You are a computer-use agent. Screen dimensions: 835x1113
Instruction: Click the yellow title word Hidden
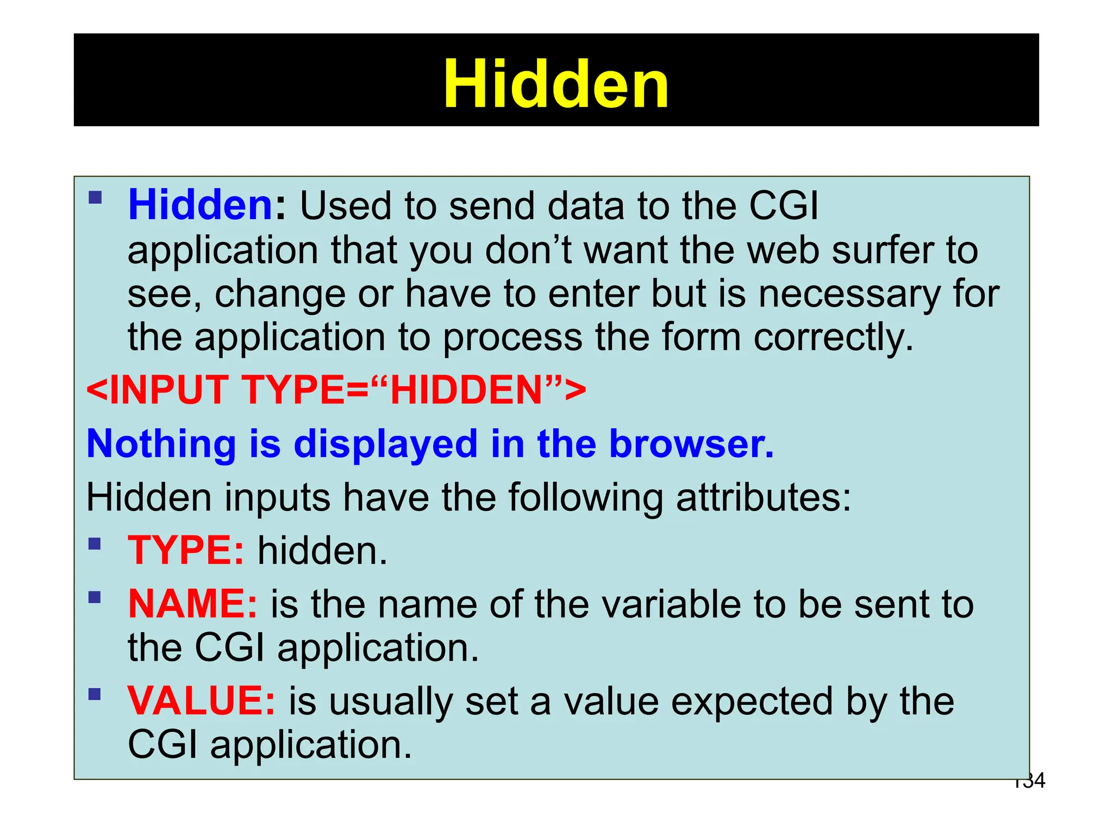point(555,84)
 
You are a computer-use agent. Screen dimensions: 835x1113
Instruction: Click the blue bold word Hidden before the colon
point(200,205)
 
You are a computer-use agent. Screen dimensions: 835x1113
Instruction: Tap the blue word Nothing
point(161,444)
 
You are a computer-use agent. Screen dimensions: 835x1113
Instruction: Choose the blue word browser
point(691,444)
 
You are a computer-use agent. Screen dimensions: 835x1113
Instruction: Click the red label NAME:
point(192,604)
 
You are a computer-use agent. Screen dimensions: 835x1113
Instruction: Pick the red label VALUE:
point(201,701)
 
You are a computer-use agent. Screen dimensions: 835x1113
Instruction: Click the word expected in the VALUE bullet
point(752,702)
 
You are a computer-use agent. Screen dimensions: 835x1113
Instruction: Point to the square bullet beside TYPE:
point(95,544)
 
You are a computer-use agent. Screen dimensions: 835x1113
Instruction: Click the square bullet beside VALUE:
point(95,694)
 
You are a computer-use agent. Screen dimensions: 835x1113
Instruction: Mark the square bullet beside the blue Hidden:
point(95,197)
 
